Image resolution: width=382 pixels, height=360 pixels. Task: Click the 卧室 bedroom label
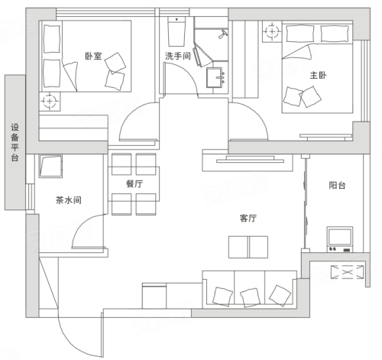tap(93, 56)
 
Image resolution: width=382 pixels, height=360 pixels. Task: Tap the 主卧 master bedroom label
tap(318, 75)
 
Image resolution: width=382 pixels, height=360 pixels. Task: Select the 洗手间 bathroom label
tap(178, 56)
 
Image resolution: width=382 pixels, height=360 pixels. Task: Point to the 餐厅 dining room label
tap(134, 183)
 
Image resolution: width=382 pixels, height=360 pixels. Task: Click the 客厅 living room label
tap(248, 218)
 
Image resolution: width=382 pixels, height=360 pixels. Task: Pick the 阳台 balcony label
tap(337, 185)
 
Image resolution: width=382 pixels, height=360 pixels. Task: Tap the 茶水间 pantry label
tap(69, 200)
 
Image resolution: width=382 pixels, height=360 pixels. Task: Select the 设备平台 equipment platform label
tap(15, 142)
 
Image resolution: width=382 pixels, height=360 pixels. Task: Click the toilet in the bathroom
tap(176, 31)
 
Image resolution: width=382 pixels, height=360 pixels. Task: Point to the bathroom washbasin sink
tap(215, 77)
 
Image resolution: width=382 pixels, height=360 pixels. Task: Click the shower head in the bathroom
tap(223, 34)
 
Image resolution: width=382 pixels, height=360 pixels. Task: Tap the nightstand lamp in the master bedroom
tap(272, 31)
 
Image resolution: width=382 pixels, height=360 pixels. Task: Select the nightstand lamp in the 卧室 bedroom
tap(50, 102)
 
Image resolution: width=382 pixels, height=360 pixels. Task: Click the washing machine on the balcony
tap(340, 239)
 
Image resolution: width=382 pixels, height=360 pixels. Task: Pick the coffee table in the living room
tap(248, 247)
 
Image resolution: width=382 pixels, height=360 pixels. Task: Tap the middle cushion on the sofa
tap(250, 297)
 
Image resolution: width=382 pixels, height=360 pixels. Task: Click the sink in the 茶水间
tap(50, 166)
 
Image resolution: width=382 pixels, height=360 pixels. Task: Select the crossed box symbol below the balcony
tap(348, 272)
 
